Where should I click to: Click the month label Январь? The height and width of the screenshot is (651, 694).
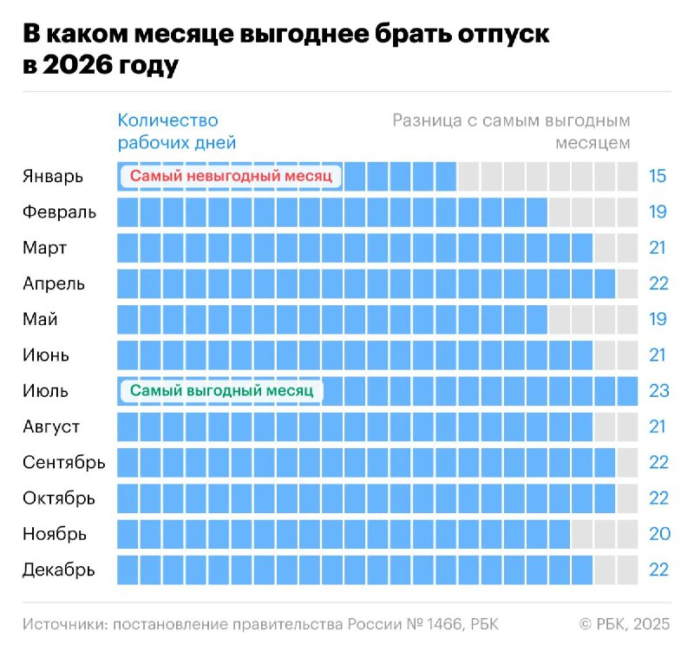(53, 177)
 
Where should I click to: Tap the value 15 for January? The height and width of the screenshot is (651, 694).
(658, 177)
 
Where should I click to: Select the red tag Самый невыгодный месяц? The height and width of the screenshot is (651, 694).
(231, 177)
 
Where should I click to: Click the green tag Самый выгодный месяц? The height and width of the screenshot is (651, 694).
(221, 391)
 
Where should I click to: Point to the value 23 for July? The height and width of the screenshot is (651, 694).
(658, 391)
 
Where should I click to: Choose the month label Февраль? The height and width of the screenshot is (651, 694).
(60, 212)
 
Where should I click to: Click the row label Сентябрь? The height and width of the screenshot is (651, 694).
(64, 462)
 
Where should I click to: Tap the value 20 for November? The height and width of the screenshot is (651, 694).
(658, 533)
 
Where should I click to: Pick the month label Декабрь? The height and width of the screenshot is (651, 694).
(59, 570)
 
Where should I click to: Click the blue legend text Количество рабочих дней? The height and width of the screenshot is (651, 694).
(177, 132)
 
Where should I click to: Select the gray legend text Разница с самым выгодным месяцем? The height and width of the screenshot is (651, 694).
(512, 132)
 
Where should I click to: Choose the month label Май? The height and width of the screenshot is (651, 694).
(41, 319)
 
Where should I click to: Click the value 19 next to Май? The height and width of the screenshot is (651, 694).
(658, 319)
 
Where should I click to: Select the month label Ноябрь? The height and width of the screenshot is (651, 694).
(55, 533)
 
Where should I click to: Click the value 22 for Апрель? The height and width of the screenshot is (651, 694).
(658, 283)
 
